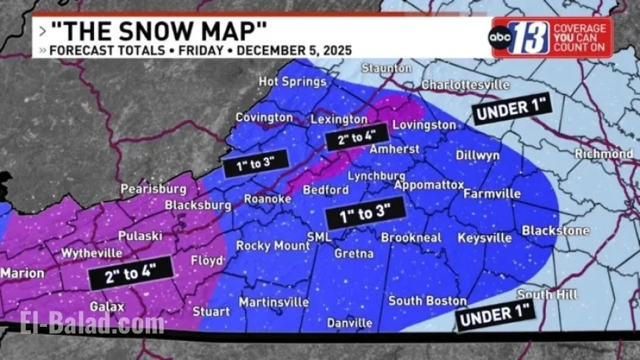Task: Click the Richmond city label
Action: coord(603,154)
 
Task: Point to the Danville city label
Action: coord(348,322)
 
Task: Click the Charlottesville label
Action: coord(465,85)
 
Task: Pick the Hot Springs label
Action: coord(292,81)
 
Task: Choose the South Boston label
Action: coord(427,300)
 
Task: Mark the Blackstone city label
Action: coord(555,230)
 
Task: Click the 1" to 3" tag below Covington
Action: coord(257,163)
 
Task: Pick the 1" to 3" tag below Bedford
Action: coord(366,213)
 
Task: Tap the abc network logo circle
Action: coord(500,37)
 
